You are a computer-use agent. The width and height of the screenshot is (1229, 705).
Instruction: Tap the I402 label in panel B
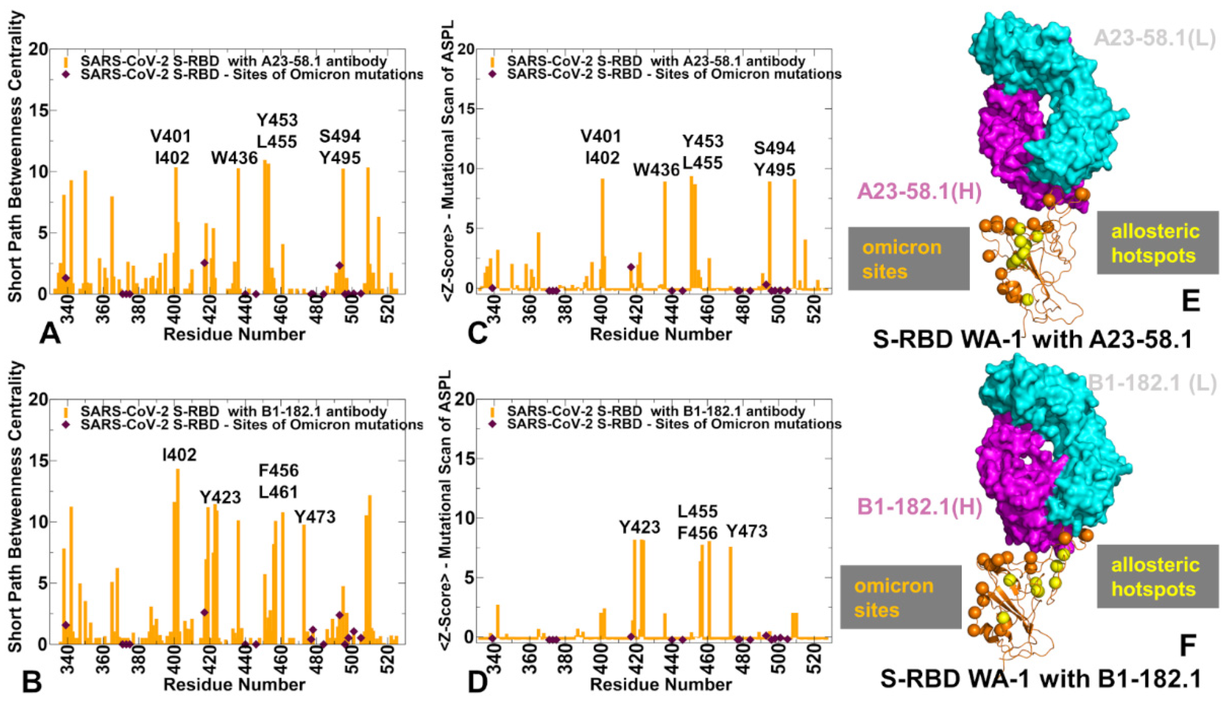(180, 455)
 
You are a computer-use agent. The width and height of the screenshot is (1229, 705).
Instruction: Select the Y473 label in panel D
(747, 532)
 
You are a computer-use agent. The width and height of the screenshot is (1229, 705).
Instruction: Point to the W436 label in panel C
(657, 170)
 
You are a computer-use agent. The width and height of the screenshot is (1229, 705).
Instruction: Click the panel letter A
(50, 334)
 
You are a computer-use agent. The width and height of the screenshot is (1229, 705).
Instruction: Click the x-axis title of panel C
(661, 334)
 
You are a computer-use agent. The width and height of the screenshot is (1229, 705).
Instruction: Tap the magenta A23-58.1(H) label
(919, 192)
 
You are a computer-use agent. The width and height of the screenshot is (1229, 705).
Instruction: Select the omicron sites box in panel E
(908, 259)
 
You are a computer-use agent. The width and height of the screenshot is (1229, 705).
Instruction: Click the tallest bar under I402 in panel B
(178, 552)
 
